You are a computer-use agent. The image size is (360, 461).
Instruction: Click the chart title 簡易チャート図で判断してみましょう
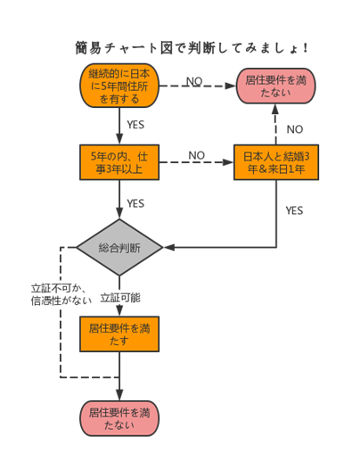pyautogui.click(x=192, y=48)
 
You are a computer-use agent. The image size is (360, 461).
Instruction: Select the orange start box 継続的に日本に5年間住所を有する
pyautogui.click(x=119, y=86)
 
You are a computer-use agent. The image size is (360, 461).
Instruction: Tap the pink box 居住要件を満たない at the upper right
pyautogui.click(x=275, y=86)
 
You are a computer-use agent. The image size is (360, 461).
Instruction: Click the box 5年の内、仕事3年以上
pyautogui.click(x=119, y=162)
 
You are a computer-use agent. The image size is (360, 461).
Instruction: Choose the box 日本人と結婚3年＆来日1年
pyautogui.click(x=276, y=162)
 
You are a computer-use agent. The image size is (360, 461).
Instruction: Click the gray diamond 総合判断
pyautogui.click(x=119, y=247)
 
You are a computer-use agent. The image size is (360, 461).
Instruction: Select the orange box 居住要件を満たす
pyautogui.click(x=119, y=334)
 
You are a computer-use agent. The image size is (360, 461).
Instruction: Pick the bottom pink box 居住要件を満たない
pyautogui.click(x=119, y=418)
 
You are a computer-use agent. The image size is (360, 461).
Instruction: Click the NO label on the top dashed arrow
pyautogui.click(x=194, y=81)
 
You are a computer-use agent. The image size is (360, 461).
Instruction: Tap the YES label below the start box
pyautogui.click(x=135, y=125)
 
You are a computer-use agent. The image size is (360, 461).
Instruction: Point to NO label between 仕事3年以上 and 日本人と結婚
pyautogui.click(x=196, y=155)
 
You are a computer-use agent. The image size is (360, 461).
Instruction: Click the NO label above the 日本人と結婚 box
pyautogui.click(x=295, y=129)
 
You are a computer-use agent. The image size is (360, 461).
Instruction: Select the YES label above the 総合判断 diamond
pyautogui.click(x=135, y=203)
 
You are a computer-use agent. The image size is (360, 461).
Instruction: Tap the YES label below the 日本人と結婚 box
pyautogui.click(x=294, y=210)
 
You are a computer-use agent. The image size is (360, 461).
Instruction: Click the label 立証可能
pyautogui.click(x=120, y=298)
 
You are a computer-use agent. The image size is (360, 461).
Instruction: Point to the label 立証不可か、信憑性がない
pyautogui.click(x=61, y=294)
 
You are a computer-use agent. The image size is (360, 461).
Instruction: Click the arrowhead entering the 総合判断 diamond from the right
pyautogui.click(x=169, y=247)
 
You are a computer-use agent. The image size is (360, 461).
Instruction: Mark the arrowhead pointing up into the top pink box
pyautogui.click(x=275, y=109)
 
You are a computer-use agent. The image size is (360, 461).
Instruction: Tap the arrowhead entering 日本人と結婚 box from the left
pyautogui.click(x=228, y=162)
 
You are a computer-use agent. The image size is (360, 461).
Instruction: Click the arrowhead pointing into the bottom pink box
pyautogui.click(x=119, y=395)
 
